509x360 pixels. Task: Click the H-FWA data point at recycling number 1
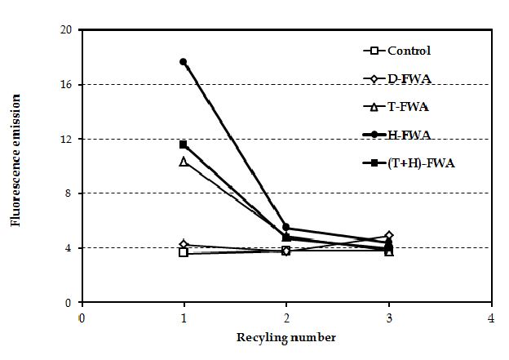click(x=184, y=62)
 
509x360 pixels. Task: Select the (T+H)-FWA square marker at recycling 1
click(x=184, y=144)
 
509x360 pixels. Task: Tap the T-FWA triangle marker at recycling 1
click(x=184, y=162)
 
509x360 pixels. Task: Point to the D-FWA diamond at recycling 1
click(x=184, y=244)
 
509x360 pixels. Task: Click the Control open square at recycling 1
click(x=184, y=253)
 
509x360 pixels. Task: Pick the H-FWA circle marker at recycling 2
click(x=286, y=227)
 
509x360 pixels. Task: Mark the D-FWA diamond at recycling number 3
click(x=389, y=236)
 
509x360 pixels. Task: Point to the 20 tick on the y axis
click(x=66, y=30)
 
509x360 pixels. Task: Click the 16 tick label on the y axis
click(x=66, y=85)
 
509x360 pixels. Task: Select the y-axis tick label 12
click(x=66, y=139)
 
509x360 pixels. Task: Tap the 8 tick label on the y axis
click(x=69, y=193)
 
